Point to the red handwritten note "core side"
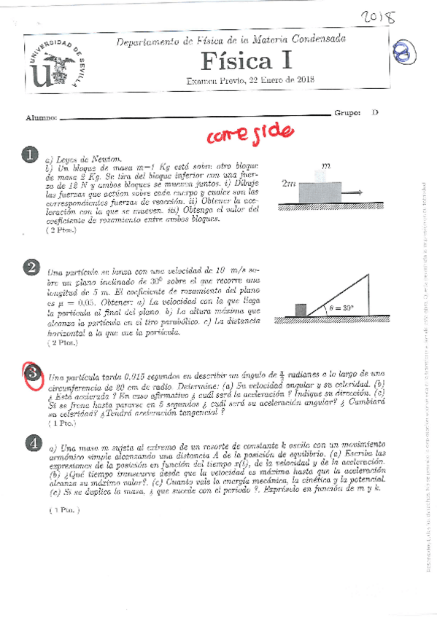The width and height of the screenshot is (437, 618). (x=250, y=133)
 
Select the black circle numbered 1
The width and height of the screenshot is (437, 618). (x=30, y=155)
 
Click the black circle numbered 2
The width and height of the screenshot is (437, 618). (x=31, y=268)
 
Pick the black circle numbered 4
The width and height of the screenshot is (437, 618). (x=31, y=442)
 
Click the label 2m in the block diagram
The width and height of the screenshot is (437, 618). (x=288, y=184)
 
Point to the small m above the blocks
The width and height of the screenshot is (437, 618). (x=325, y=165)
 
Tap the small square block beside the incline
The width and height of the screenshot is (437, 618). (x=281, y=310)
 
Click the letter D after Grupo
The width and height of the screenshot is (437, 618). (x=375, y=113)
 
